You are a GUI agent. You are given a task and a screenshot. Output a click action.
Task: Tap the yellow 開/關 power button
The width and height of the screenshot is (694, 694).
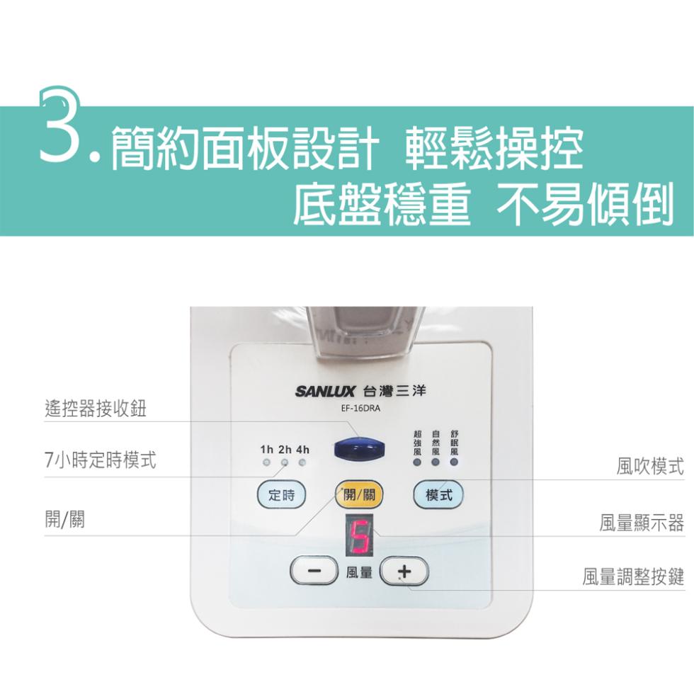[x=359, y=494]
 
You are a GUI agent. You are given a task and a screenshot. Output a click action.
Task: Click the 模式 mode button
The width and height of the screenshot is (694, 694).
[x=438, y=494]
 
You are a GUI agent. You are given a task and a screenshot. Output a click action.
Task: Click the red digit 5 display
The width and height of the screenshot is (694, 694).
[x=360, y=535]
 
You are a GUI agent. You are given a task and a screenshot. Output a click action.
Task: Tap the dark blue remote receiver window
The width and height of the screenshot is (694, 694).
[x=360, y=448]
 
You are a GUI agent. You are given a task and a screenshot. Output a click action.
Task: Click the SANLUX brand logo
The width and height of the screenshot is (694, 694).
[x=325, y=391]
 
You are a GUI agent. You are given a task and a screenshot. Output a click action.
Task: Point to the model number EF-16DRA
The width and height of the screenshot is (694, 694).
[x=360, y=408]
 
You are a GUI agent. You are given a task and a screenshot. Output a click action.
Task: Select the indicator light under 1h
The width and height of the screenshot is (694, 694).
[x=266, y=462]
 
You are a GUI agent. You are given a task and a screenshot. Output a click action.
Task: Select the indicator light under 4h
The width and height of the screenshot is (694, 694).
[x=302, y=462]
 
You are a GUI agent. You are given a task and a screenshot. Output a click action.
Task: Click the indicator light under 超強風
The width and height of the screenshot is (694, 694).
[x=417, y=462]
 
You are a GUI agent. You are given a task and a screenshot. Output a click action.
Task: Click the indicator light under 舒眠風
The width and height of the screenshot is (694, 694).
[x=454, y=462]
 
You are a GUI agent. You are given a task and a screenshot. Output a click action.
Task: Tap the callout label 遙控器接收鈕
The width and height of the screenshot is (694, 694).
[x=95, y=408]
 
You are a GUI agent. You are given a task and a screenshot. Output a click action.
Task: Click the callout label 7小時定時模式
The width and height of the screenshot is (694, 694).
[x=101, y=460]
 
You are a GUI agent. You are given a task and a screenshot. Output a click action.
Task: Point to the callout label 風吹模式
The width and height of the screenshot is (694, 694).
[x=650, y=466]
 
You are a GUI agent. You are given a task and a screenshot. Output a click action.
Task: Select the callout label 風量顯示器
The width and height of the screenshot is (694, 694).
[x=642, y=523]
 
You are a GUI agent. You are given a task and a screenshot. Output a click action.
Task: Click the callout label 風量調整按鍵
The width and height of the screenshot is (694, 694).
[x=633, y=576]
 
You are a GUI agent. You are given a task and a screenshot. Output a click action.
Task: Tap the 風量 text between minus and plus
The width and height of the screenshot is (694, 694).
[x=359, y=572]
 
